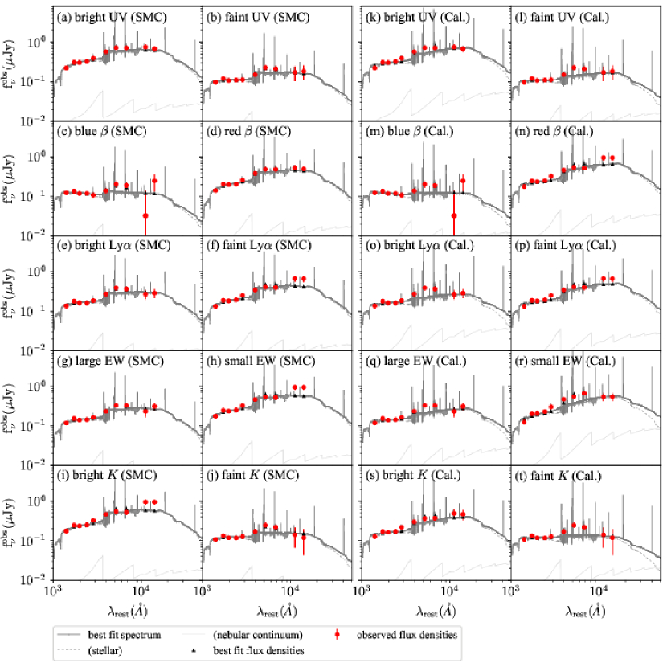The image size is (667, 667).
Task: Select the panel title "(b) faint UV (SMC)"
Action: tap(252, 17)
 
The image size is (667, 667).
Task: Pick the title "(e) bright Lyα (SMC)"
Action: tap(108, 247)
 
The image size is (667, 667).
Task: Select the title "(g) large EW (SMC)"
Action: tap(104, 361)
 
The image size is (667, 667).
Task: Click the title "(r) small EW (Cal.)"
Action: tap(563, 361)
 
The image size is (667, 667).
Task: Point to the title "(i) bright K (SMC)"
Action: tap(103, 476)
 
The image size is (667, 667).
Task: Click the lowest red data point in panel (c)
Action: tap(145, 215)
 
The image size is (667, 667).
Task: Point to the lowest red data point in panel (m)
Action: tap(454, 215)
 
